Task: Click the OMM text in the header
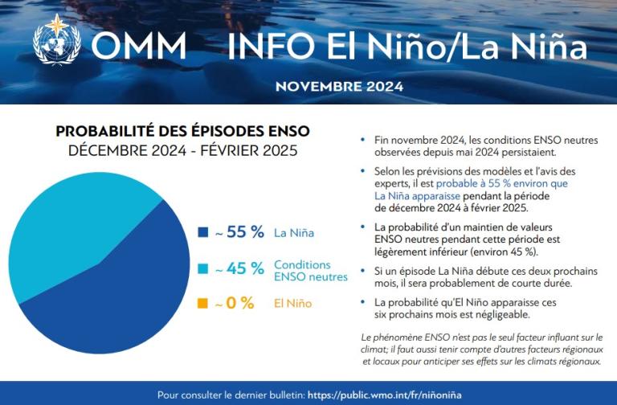139,46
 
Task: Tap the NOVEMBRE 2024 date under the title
339,87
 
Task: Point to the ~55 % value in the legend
239,233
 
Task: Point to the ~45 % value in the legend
239,269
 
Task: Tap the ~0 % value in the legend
235,304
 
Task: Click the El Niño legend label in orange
292,304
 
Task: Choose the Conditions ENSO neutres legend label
310,270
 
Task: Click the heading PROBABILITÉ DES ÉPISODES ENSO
182,132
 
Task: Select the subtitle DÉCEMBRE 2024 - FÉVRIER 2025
182,150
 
